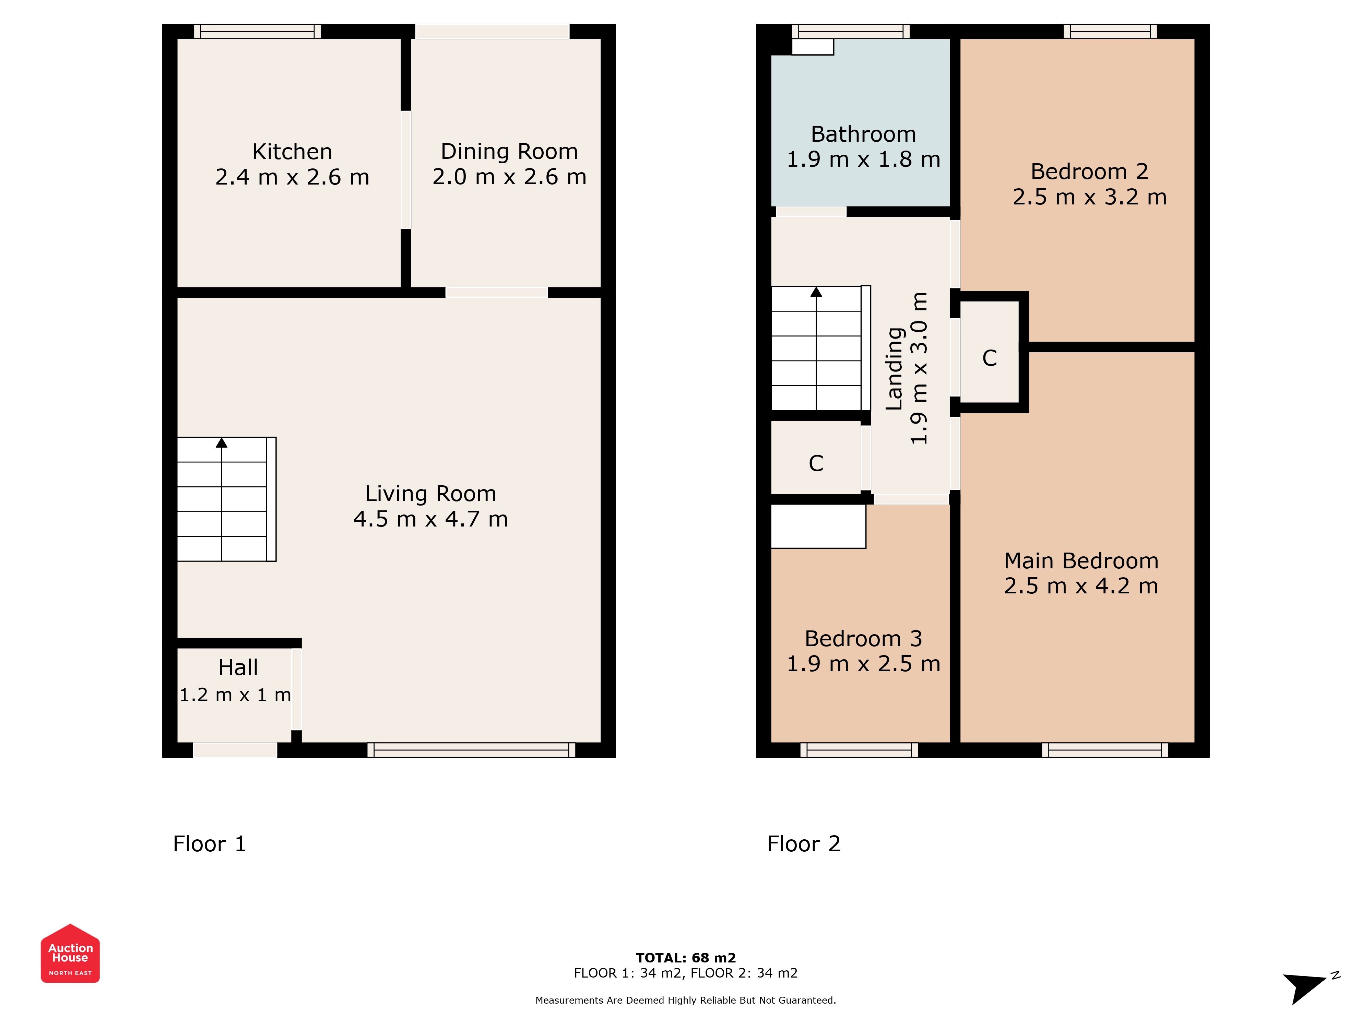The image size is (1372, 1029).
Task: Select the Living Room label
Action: click(430, 494)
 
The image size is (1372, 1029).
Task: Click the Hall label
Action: click(238, 667)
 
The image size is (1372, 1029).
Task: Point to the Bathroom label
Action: click(863, 134)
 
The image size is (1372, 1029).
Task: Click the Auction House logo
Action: click(70, 953)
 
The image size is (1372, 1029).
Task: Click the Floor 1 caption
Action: click(210, 844)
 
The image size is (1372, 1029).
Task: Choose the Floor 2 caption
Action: click(804, 844)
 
